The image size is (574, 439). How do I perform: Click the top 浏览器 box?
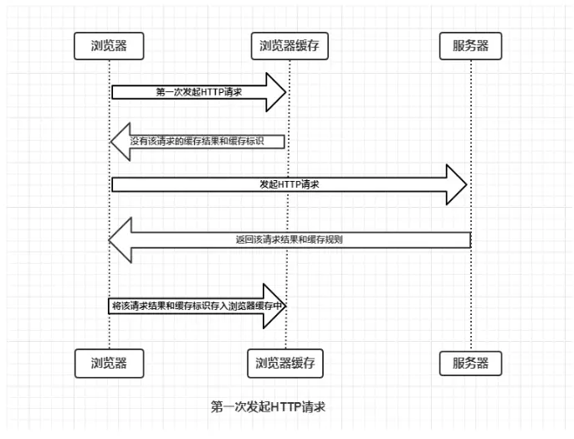click(x=110, y=46)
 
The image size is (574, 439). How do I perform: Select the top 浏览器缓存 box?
click(x=289, y=46)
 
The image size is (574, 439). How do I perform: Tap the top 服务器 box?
click(x=470, y=46)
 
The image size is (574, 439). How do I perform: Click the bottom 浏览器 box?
click(x=110, y=363)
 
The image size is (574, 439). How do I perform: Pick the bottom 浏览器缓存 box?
click(x=285, y=363)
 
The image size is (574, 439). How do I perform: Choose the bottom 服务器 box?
click(x=470, y=363)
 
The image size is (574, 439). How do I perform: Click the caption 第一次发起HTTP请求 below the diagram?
click(x=269, y=407)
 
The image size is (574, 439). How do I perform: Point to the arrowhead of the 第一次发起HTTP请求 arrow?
click(x=277, y=91)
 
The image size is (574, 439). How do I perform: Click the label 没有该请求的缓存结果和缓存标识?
click(x=197, y=141)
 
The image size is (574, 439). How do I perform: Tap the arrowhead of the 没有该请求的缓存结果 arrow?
click(x=119, y=140)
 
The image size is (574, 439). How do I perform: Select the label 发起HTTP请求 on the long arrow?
click(x=288, y=183)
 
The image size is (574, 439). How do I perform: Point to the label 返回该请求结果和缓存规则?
click(x=289, y=240)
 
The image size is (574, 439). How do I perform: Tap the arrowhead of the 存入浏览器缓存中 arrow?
click(x=276, y=306)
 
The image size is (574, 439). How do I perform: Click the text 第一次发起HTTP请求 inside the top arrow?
click(x=199, y=91)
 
